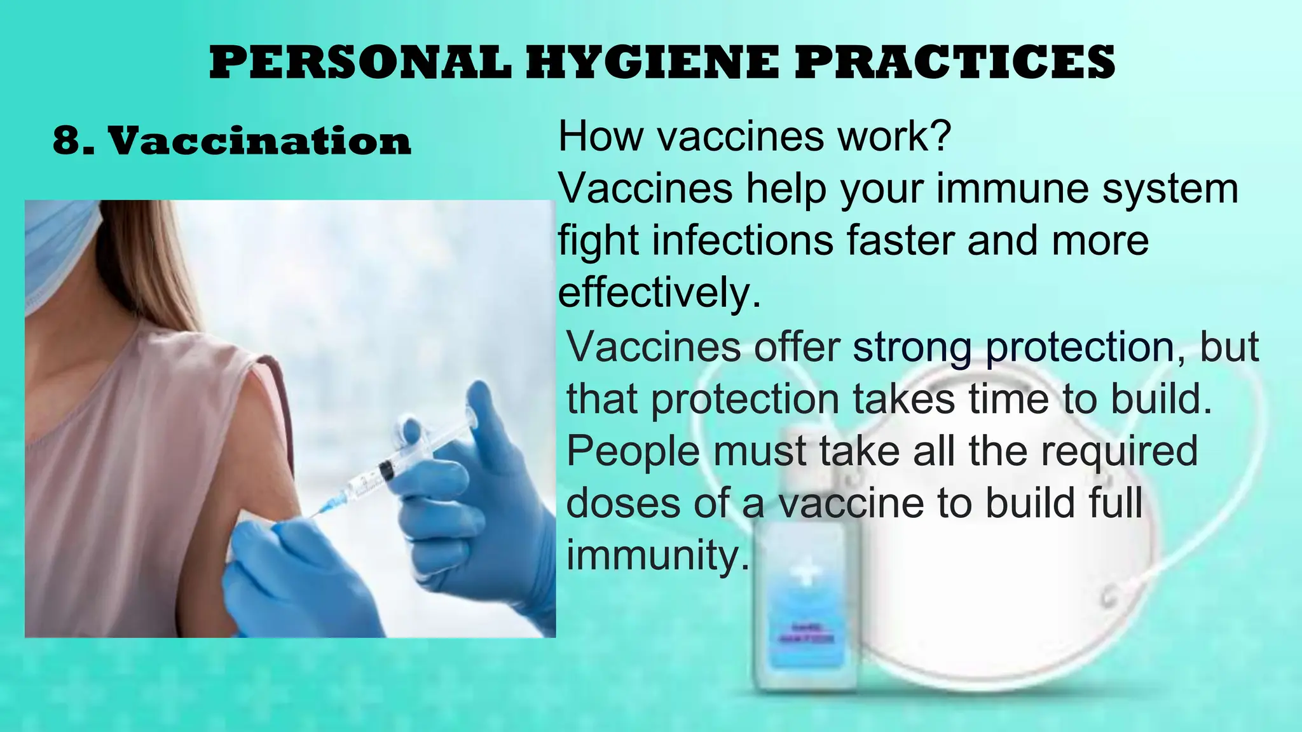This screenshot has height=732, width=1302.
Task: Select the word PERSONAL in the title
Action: [x=360, y=62]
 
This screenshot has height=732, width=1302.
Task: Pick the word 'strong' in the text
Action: [x=912, y=347]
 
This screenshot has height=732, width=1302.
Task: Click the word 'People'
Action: [x=633, y=451]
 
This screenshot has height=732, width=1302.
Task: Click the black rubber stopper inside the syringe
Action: [x=385, y=471]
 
